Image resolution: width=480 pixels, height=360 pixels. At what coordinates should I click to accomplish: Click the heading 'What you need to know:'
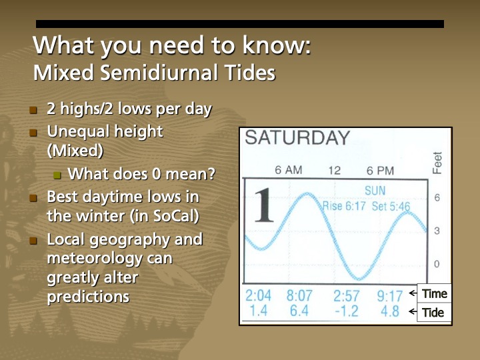171,47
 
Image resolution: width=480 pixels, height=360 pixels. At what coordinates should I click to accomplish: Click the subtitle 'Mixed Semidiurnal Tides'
154,72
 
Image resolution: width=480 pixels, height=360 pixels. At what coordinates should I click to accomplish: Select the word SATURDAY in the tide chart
297,138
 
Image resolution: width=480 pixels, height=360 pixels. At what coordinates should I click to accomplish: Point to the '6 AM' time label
289,170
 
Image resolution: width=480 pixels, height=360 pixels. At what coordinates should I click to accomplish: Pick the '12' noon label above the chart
334,170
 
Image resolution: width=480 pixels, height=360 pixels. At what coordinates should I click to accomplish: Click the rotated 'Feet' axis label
438,162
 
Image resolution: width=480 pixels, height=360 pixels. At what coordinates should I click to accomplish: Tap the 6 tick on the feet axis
437,198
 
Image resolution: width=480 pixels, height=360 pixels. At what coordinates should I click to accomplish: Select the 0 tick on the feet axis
437,264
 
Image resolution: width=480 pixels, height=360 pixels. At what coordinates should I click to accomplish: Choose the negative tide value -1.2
346,311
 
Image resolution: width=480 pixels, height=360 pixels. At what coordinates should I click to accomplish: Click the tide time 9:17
389,295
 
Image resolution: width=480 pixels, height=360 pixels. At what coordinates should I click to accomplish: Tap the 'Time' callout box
434,294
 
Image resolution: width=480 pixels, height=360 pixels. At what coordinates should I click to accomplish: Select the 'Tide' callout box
433,313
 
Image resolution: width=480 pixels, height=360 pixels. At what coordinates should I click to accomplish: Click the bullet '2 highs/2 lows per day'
129,109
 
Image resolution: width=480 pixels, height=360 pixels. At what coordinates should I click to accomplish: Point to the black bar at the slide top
239,24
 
